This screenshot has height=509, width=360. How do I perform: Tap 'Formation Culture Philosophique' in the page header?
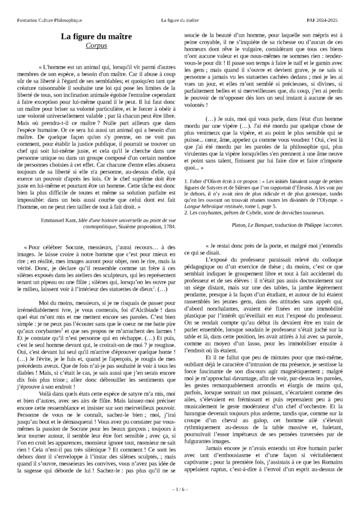pyautogui.click(x=49, y=20)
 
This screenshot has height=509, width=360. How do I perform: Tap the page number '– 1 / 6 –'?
pyautogui.click(x=180, y=489)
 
